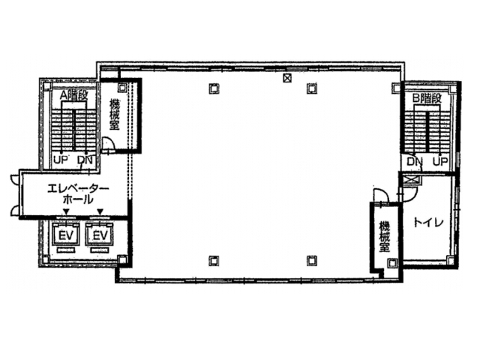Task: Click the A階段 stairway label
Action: pos(73,95)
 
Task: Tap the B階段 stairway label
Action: pos(427,98)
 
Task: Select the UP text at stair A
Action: pos(60,160)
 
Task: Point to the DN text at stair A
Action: pos(85,160)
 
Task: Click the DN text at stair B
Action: pos(415,161)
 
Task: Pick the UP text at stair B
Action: pos(440,161)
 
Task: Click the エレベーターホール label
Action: pos(78,194)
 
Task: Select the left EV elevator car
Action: pos(67,235)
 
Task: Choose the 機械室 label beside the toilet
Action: pos(384,237)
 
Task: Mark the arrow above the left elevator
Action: pos(66,211)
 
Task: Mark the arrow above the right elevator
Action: pos(100,211)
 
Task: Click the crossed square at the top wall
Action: pos(287,78)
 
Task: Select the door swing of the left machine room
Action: pos(108,143)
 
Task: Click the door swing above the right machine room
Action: pos(380,195)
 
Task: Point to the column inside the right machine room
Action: pos(392,262)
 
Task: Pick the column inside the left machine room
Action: pos(122,87)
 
